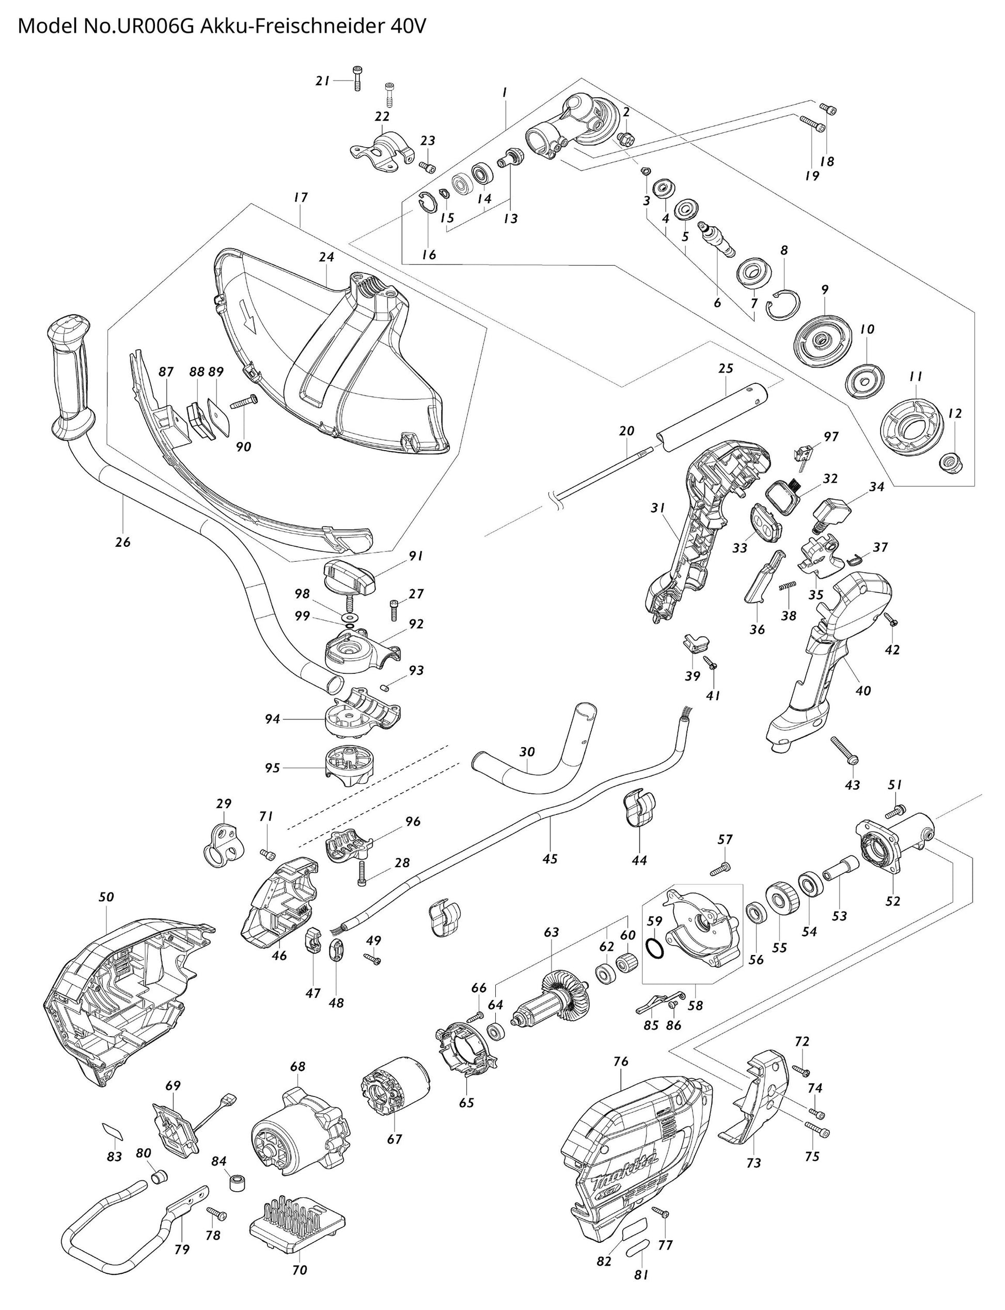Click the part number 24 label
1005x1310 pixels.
pos(326,257)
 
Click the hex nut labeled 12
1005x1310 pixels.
pos(950,461)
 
